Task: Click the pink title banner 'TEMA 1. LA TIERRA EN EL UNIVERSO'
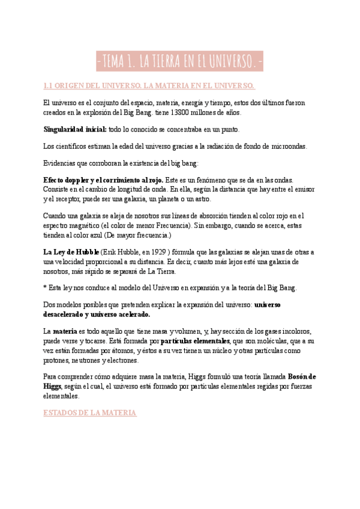(x=180, y=61)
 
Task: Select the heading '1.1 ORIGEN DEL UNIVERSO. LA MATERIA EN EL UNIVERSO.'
(x=150, y=85)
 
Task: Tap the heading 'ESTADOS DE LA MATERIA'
(x=90, y=413)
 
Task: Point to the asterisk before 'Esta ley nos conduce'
(x=45, y=288)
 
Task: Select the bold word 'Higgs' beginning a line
(x=52, y=386)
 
